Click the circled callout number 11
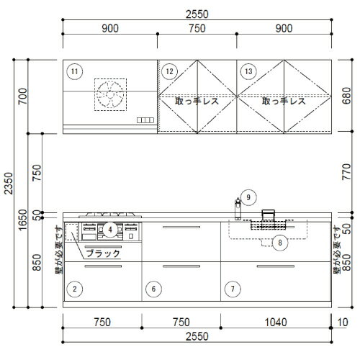74,71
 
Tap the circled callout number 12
169,71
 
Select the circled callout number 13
248,71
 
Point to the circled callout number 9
248,197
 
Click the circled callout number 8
280,243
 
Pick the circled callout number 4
110,230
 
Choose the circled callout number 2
75,289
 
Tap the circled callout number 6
153,289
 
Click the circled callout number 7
233,289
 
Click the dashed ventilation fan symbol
110,94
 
